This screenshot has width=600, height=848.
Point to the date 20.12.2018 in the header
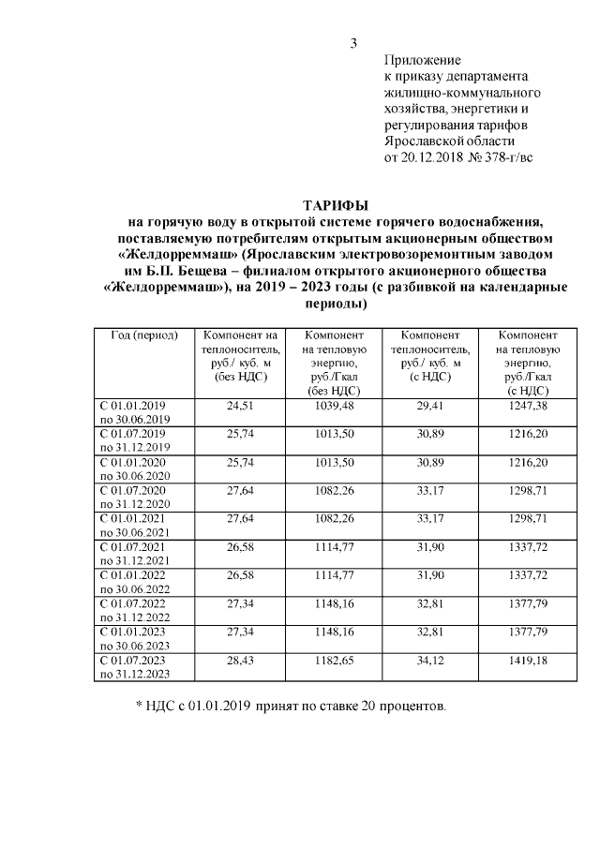click(x=433, y=156)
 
